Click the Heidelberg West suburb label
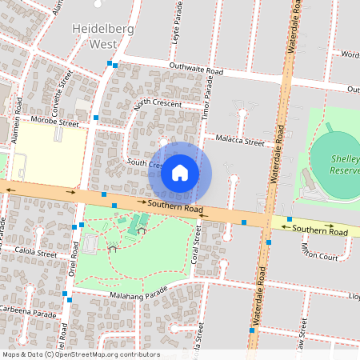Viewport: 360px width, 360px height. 103,37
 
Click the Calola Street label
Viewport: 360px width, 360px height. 35,253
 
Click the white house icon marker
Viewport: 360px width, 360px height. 180,172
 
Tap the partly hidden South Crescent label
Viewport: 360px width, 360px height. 144,163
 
